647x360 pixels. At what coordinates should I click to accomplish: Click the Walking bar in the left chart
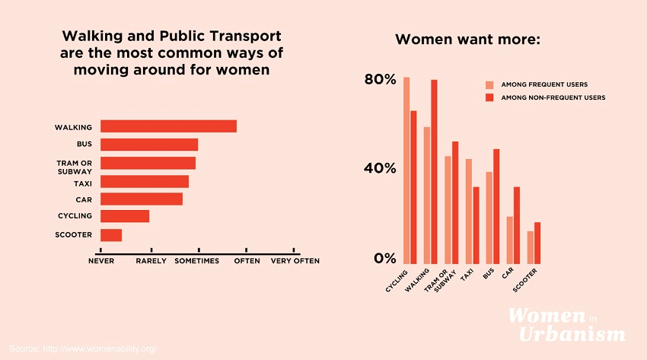click(x=168, y=126)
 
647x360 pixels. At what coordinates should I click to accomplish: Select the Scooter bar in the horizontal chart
click(x=111, y=235)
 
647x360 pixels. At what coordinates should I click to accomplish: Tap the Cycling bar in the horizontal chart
click(x=125, y=216)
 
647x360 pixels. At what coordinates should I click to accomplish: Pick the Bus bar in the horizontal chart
click(x=149, y=145)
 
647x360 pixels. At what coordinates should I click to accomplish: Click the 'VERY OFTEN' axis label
click(x=295, y=261)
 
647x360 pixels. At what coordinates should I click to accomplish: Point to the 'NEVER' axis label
click(x=101, y=261)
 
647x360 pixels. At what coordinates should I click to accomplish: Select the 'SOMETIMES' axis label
click(x=197, y=261)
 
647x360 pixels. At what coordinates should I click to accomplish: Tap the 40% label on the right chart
click(x=381, y=168)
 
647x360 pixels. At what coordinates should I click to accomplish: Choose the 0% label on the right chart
click(x=385, y=259)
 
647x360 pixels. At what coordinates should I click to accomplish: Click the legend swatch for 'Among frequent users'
click(x=490, y=85)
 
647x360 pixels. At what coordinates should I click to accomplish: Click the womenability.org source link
click(x=83, y=349)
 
